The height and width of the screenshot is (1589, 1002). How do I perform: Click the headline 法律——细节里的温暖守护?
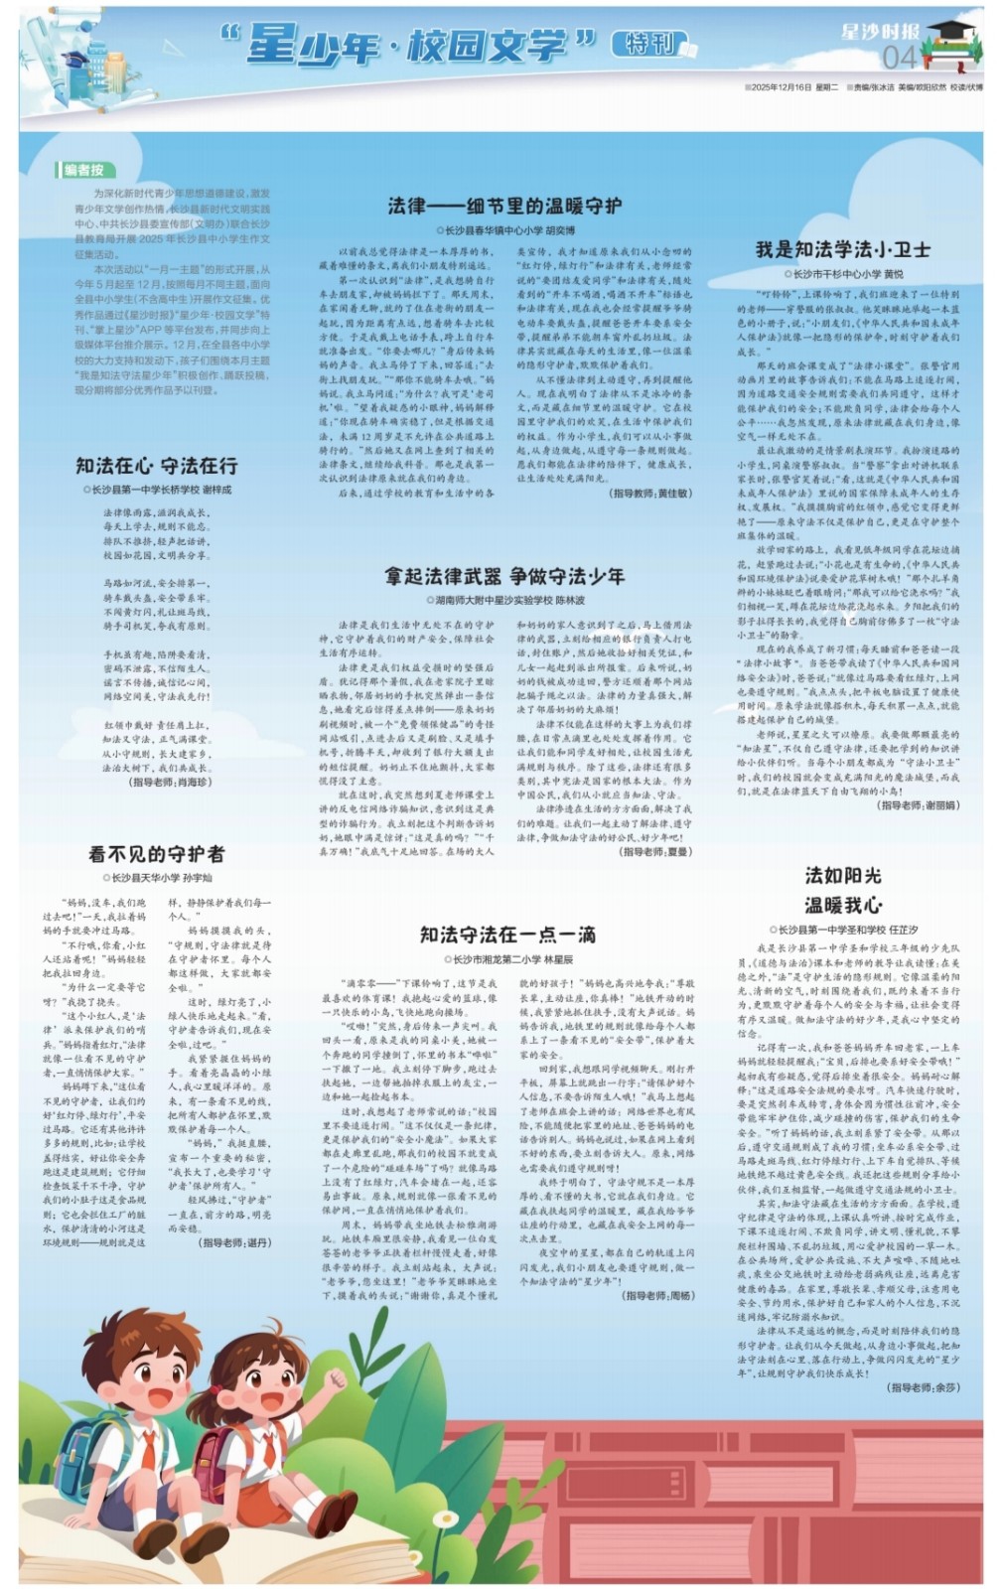[x=503, y=206]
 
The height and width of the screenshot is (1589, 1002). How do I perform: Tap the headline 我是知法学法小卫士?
[x=843, y=249]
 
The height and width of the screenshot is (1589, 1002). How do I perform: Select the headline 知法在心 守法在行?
[x=157, y=466]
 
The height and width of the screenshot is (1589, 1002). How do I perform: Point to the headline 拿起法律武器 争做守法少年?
[x=504, y=576]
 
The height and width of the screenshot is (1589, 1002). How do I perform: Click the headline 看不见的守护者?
[x=157, y=854]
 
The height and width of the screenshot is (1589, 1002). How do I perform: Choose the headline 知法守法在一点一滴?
[x=506, y=935]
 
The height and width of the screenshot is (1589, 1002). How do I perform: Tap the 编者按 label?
[x=83, y=170]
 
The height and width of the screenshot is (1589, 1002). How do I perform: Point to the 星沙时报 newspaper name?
[x=879, y=31]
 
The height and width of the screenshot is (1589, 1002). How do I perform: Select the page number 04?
[x=899, y=57]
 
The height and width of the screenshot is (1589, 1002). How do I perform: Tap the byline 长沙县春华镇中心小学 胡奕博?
[x=505, y=229]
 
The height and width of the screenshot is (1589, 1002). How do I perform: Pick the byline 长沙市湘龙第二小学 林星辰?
[x=507, y=959]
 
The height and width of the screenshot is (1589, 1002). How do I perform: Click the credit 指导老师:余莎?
[x=924, y=1387]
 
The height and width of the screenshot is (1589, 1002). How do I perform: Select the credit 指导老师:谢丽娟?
[x=919, y=805]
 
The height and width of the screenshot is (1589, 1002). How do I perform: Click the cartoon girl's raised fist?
[x=336, y=1379]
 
